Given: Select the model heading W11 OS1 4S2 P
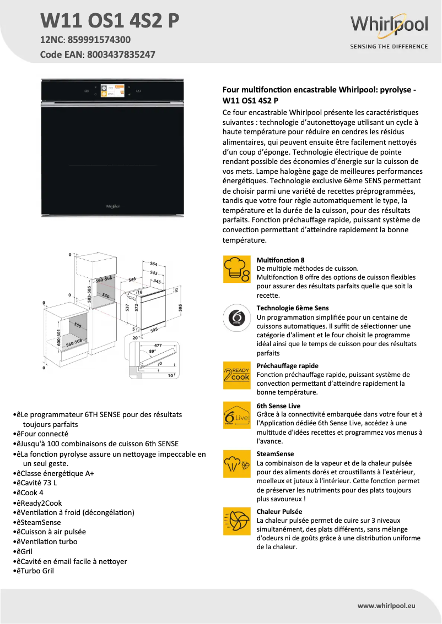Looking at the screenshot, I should [110, 21].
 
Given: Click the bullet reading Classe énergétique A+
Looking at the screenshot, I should [55, 473].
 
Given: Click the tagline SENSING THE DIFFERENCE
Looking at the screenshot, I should [389, 47].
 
